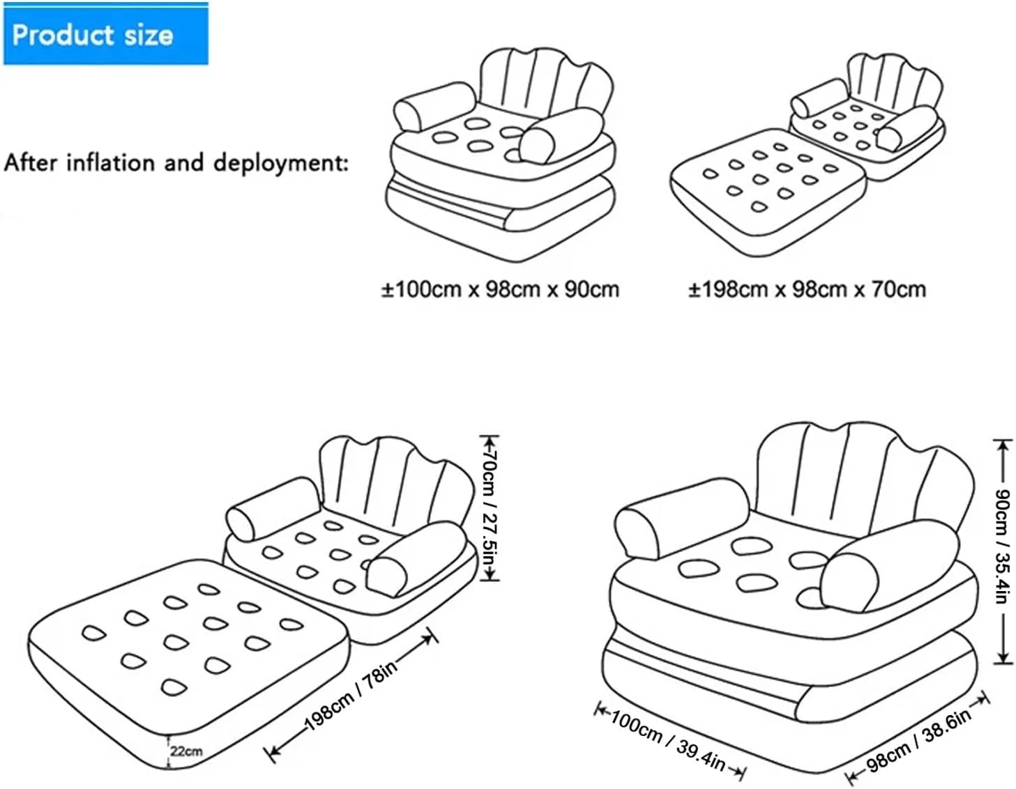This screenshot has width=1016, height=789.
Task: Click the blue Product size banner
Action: click(x=106, y=33)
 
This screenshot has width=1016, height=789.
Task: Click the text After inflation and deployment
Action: click(x=176, y=163)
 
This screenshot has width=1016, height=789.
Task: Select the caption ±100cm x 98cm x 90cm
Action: click(x=500, y=290)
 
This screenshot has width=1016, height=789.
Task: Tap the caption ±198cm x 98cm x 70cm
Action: click(x=807, y=290)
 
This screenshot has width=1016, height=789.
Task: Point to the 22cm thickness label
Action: click(x=186, y=751)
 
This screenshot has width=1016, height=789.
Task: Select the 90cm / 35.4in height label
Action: click(x=1003, y=546)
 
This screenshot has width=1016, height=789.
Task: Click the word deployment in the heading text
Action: click(x=280, y=164)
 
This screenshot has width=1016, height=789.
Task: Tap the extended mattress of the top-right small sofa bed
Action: click(x=767, y=192)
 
